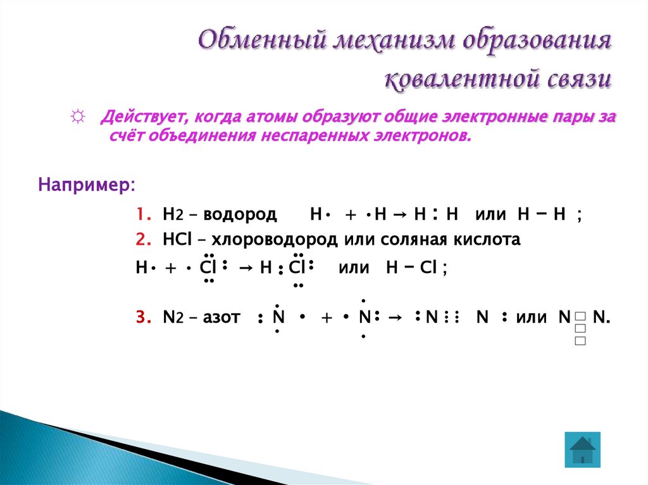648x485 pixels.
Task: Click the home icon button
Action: pyautogui.click(x=582, y=450)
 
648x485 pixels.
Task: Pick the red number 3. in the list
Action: pyautogui.click(x=142, y=317)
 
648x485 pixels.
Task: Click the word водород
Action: pyautogui.click(x=244, y=215)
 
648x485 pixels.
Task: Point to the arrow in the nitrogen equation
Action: pyautogui.click(x=394, y=317)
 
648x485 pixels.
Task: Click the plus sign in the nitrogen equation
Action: pyautogui.click(x=327, y=317)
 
